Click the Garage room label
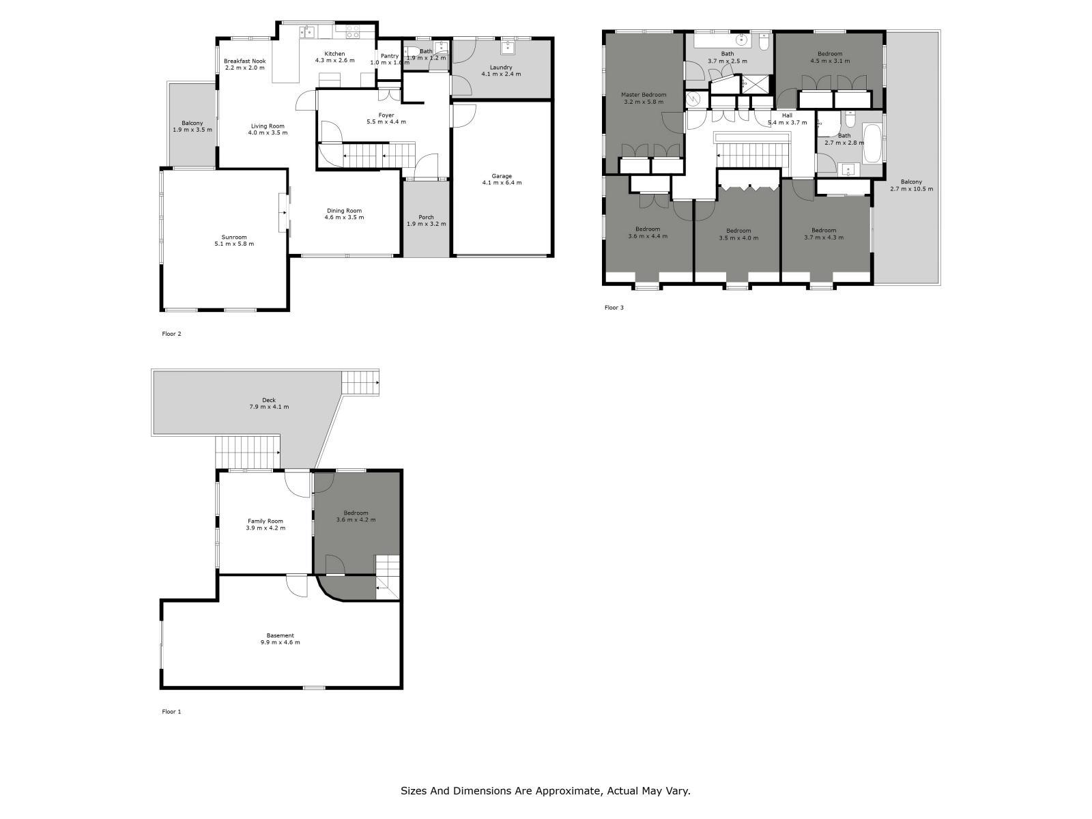click(x=502, y=176)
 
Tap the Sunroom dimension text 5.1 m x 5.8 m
click(x=233, y=244)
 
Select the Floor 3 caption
click(x=614, y=308)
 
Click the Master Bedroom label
click(x=643, y=95)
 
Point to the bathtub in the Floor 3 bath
click(x=872, y=143)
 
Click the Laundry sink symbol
click(x=508, y=47)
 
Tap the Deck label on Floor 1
click(x=269, y=401)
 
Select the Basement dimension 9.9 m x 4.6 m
click(x=280, y=642)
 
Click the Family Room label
click(x=265, y=521)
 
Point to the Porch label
click(x=426, y=217)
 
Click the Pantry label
click(x=390, y=56)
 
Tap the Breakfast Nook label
click(x=244, y=61)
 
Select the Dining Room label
click(x=344, y=211)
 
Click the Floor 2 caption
click(x=171, y=334)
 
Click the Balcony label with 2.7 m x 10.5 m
click(x=911, y=182)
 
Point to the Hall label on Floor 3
click(x=787, y=115)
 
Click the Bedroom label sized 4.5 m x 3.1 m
click(x=830, y=53)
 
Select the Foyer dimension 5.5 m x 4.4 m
click(x=386, y=122)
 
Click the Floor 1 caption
click(x=171, y=711)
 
